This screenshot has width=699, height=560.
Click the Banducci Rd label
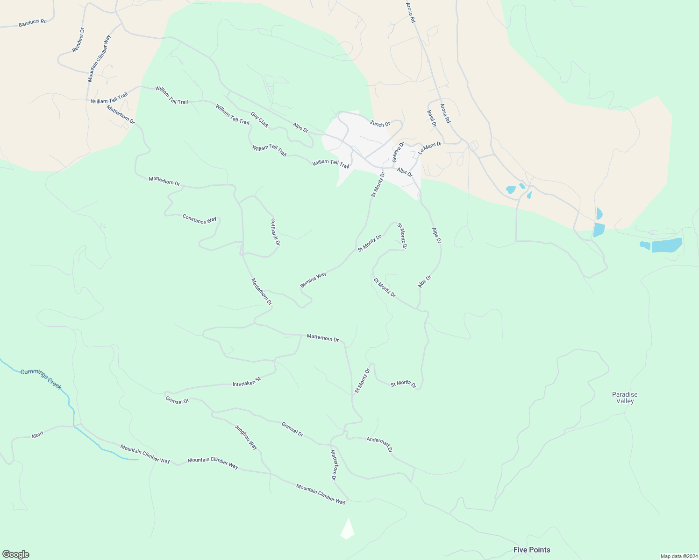click(x=33, y=22)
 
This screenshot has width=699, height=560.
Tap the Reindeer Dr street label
click(x=78, y=40)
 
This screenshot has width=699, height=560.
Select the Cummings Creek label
click(x=41, y=378)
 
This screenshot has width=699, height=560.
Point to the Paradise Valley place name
click(x=625, y=398)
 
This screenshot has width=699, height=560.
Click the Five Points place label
click(x=532, y=550)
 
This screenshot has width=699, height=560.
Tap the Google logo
click(x=15, y=554)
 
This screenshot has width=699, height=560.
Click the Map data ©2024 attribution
click(x=678, y=556)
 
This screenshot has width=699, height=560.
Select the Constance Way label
click(x=200, y=219)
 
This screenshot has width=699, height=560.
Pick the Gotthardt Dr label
click(x=275, y=232)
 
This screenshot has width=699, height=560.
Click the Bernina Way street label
click(x=313, y=280)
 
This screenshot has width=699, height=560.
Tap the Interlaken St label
click(x=246, y=382)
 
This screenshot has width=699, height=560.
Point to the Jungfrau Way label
click(x=246, y=437)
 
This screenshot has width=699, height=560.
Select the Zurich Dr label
click(x=380, y=124)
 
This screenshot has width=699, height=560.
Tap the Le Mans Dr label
click(x=430, y=148)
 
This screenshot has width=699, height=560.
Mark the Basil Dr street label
click(x=431, y=119)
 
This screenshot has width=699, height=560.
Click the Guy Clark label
click(x=260, y=120)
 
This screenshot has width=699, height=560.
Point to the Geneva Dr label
click(x=398, y=152)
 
